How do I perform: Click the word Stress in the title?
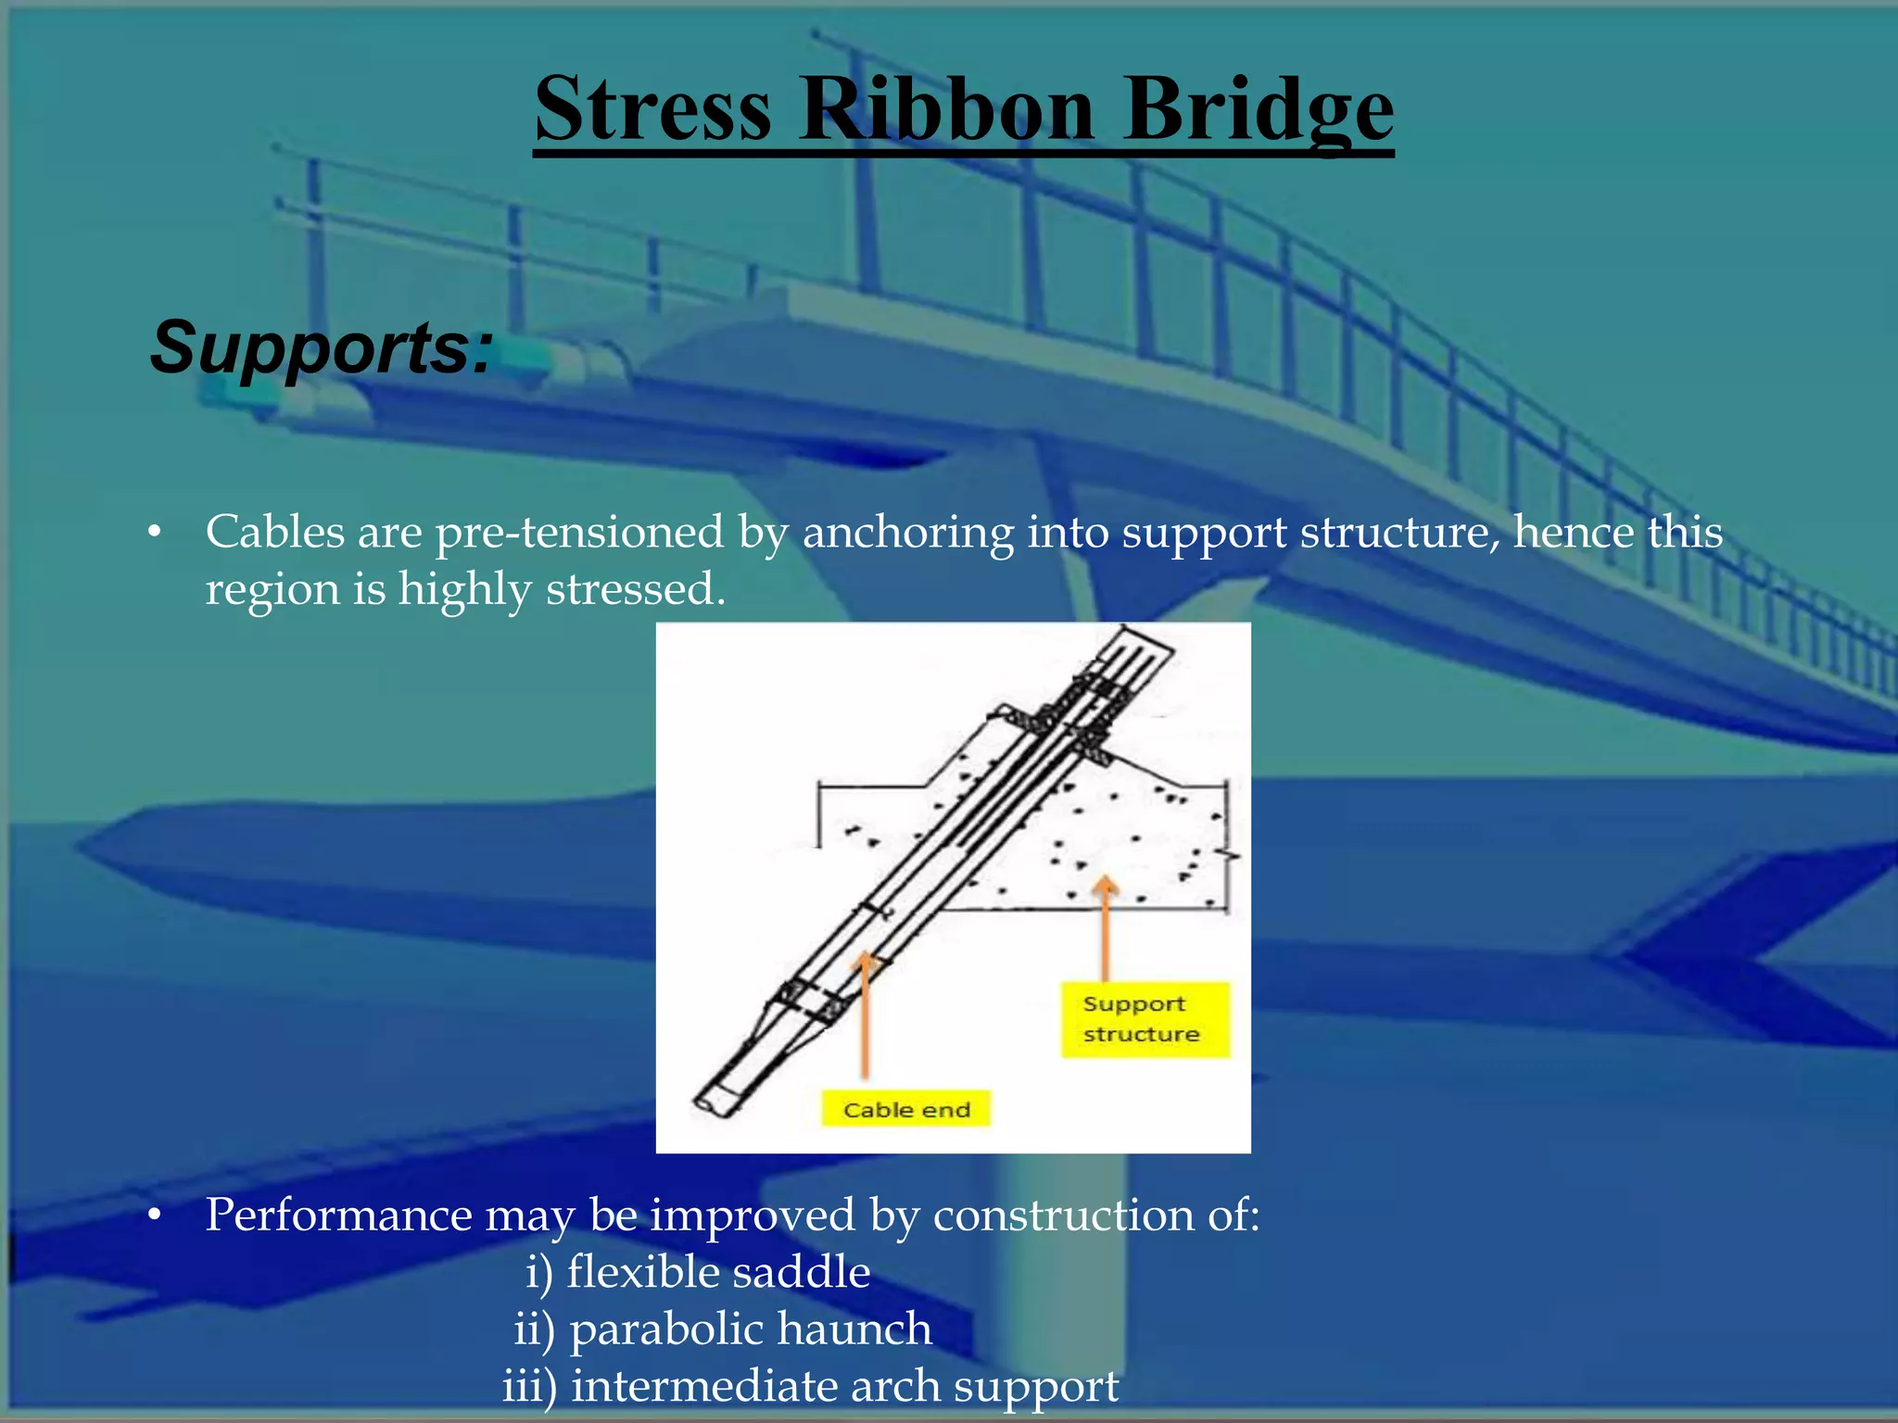click(x=652, y=109)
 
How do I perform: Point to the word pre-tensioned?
click(x=579, y=533)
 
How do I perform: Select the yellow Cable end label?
click(x=905, y=1109)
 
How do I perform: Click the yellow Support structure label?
click(x=1144, y=1019)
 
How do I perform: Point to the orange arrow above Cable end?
click(x=865, y=1014)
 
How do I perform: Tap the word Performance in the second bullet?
click(x=337, y=1215)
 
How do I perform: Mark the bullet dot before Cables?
click(x=155, y=533)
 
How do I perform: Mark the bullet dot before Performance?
click(x=155, y=1215)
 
